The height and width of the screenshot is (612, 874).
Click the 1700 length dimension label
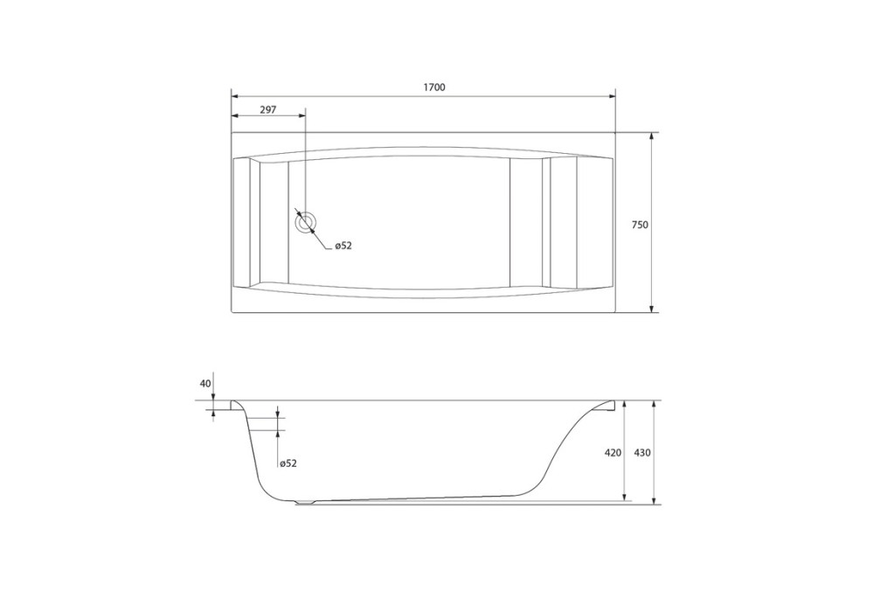pyautogui.click(x=434, y=87)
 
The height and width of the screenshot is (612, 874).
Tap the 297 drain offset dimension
pyautogui.click(x=268, y=110)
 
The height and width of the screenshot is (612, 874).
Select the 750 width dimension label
pyautogui.click(x=640, y=226)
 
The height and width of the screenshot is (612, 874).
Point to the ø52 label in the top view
pyautogui.click(x=343, y=246)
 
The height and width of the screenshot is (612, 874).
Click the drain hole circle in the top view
pyautogui.click(x=305, y=222)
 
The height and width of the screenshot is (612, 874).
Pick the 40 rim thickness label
pyautogui.click(x=205, y=384)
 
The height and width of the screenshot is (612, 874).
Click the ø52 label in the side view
pyautogui.click(x=288, y=463)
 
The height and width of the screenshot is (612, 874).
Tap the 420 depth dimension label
pyautogui.click(x=613, y=453)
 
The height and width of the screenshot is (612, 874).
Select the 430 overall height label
pyautogui.click(x=642, y=453)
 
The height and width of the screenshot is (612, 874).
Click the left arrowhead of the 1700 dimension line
pyautogui.click(x=235, y=96)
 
